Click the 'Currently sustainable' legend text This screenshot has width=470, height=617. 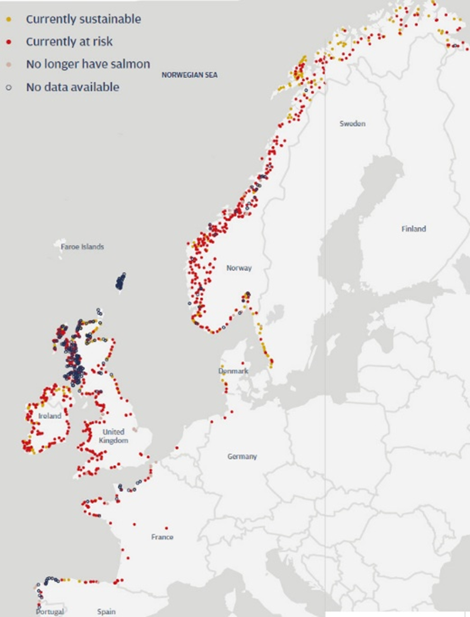click(83, 19)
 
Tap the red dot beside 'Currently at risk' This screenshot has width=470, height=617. click(9, 42)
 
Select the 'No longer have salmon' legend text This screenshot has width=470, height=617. click(88, 64)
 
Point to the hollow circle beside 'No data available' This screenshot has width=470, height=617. click(9, 87)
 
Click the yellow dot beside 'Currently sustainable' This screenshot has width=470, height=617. click(9, 19)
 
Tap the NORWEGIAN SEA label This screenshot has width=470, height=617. click(189, 75)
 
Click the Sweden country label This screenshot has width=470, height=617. click(352, 123)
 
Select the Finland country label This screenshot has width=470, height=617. click(413, 229)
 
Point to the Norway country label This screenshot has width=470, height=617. click(239, 268)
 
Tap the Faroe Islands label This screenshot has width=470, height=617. click(82, 246)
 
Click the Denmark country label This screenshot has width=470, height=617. click(233, 371)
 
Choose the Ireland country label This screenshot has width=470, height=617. click(50, 416)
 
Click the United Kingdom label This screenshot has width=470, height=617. click(113, 436)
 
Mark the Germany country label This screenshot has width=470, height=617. click(242, 456)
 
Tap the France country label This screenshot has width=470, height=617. click(162, 537)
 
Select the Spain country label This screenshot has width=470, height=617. click(106, 611)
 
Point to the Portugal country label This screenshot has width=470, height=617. click(50, 611)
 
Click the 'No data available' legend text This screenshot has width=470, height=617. click(72, 87)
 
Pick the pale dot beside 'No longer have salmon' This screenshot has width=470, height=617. click(9, 64)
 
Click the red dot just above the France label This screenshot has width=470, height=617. click(166, 528)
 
